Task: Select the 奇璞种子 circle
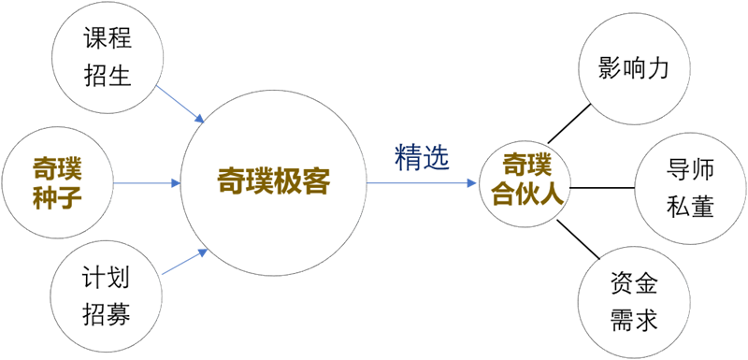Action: point(57,183)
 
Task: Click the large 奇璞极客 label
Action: point(273,182)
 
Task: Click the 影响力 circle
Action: point(634,70)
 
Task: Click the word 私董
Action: point(690,206)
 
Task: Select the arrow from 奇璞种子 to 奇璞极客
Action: point(145,183)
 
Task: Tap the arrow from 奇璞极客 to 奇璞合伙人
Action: point(421,183)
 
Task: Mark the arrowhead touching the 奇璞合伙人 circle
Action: point(472,183)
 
